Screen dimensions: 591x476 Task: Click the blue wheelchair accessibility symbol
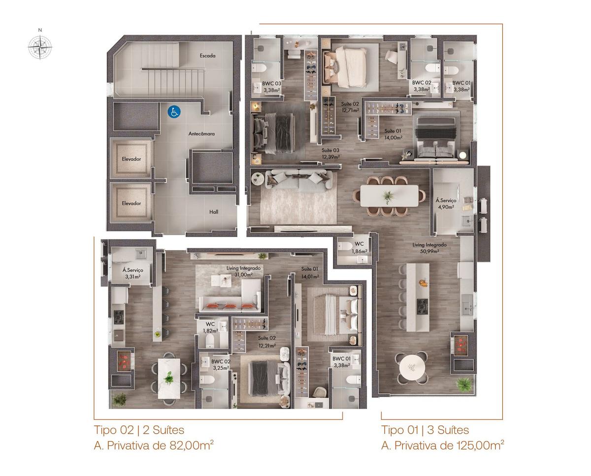click(x=174, y=112)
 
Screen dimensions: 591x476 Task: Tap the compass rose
click(x=40, y=47)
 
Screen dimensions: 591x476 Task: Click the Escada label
click(x=208, y=56)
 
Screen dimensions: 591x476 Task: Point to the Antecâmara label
click(x=201, y=134)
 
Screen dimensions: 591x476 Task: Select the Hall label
click(x=214, y=212)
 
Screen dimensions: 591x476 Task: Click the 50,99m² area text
click(x=429, y=251)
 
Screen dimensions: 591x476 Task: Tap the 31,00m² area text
click(x=243, y=275)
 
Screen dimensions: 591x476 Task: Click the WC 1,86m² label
click(x=359, y=247)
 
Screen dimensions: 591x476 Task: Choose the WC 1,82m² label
click(x=210, y=327)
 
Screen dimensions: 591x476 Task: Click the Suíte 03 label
click(x=330, y=151)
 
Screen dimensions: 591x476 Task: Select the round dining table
click(x=412, y=368)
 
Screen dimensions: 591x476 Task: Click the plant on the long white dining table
click(x=388, y=196)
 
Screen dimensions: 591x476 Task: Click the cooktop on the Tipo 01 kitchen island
click(x=423, y=307)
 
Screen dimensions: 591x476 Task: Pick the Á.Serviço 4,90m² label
click(x=446, y=204)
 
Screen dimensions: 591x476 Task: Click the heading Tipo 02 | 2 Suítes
click(x=139, y=430)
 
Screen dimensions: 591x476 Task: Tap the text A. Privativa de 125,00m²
click(x=442, y=445)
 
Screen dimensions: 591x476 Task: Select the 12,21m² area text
click(x=267, y=346)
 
